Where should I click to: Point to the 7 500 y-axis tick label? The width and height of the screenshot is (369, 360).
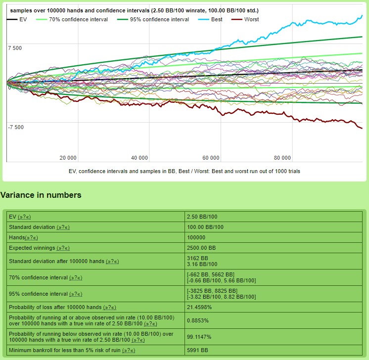pos(15,47)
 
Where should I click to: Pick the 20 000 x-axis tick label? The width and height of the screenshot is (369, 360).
pos(68,158)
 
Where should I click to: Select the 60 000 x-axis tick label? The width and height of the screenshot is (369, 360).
pos(211,158)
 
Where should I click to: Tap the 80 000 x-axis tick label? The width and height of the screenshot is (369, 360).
pos(282,158)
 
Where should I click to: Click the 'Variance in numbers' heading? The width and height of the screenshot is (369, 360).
pos(41,195)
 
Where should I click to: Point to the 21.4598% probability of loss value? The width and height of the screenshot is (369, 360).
pos(201,307)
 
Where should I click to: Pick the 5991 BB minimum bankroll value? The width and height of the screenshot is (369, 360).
pos(197,351)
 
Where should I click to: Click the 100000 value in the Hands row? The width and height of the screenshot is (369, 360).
pos(196,237)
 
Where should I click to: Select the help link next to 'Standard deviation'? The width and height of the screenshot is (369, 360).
pos(63,227)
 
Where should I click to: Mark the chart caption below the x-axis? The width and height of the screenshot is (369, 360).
pos(184,171)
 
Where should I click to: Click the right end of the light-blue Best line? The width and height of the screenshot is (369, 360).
pos(362,15)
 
